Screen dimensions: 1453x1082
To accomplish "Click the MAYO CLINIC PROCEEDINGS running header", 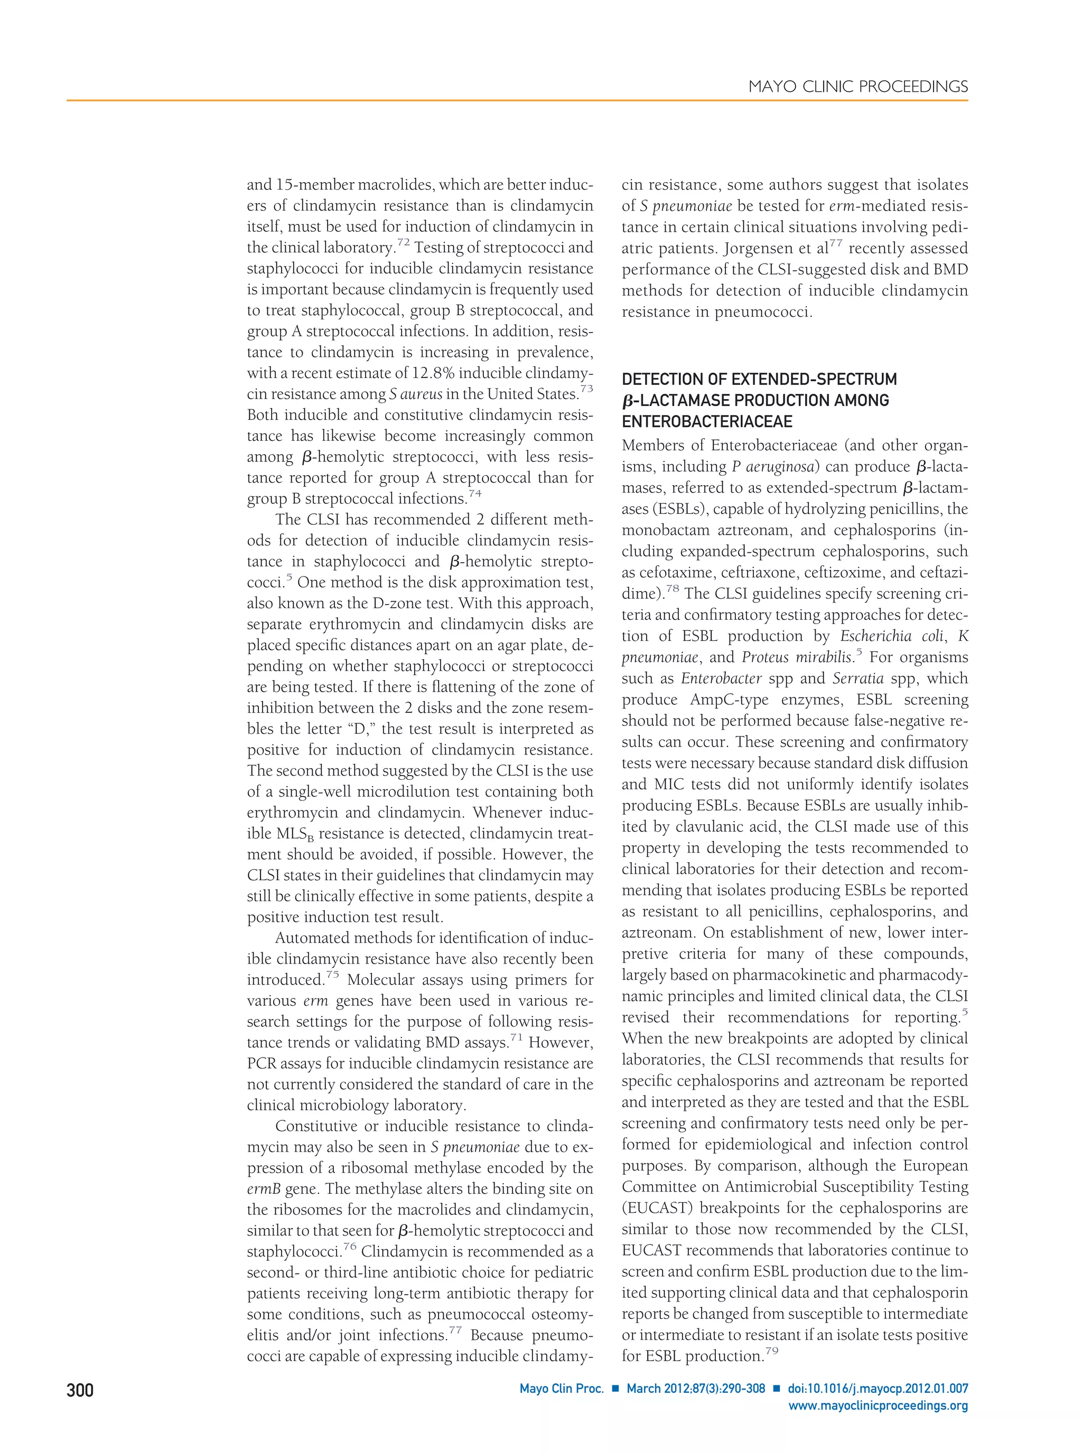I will pyautogui.click(x=858, y=87).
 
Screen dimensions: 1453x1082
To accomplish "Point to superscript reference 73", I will pyautogui.click(x=586, y=389).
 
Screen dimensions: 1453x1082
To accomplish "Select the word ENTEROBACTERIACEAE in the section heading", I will pyautogui.click(x=707, y=421).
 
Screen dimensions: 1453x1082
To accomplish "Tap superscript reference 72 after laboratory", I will pyautogui.click(x=403, y=243).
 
